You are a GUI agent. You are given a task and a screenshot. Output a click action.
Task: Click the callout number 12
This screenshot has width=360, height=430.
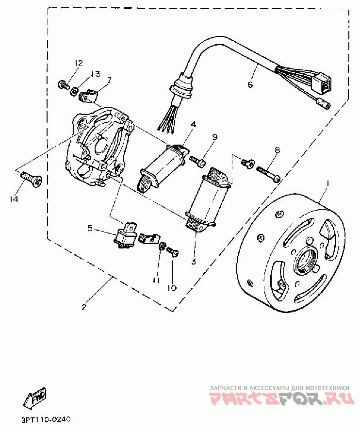(78, 63)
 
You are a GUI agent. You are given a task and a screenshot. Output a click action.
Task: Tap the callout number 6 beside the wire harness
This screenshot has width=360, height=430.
(250, 84)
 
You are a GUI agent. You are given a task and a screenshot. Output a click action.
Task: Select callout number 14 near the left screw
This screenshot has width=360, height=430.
(14, 199)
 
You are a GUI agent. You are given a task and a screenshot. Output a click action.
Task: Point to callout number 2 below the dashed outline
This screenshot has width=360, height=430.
(84, 307)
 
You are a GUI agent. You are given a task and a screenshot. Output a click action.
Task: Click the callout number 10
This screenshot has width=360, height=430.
(172, 288)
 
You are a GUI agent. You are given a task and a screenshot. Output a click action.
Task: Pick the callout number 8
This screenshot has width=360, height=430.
(277, 150)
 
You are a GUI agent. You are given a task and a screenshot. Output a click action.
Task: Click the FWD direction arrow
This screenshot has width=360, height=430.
(35, 397)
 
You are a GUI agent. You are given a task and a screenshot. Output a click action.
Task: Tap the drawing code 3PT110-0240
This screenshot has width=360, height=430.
(46, 420)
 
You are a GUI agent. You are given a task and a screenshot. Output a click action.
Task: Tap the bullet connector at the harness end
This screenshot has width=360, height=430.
(324, 104)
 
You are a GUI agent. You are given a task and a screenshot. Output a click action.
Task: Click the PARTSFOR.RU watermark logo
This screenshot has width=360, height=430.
(281, 399)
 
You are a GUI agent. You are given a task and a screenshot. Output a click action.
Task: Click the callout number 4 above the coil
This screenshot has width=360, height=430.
(194, 124)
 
